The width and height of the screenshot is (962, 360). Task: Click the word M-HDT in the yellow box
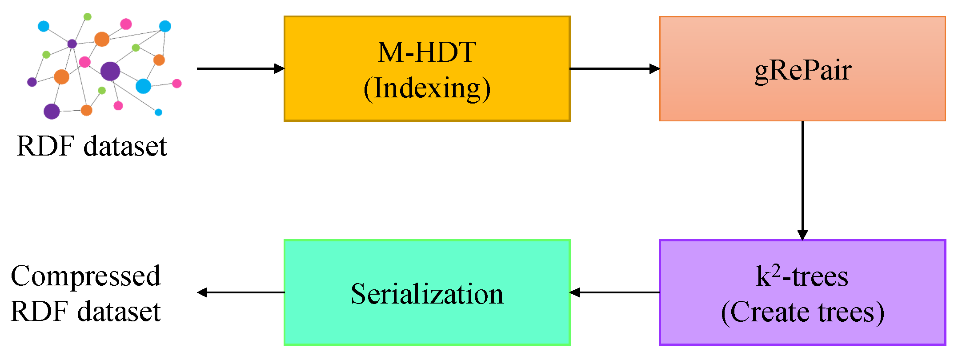tap(427, 52)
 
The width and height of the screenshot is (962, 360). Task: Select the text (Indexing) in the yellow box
tap(427, 88)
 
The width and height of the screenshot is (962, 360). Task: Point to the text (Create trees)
tap(802, 312)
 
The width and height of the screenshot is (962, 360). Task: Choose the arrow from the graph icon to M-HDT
tap(240, 68)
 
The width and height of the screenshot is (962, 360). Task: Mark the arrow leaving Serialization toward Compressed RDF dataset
tap(240, 292)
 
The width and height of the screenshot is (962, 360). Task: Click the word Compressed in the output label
tap(85, 276)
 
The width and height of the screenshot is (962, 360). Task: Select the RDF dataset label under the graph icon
tap(92, 146)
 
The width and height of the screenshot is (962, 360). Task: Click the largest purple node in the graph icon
tap(110, 71)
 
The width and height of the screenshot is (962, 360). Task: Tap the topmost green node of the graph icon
tap(88, 17)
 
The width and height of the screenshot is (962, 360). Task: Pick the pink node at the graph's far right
tap(177, 83)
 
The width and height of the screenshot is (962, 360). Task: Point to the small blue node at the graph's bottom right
tap(158, 112)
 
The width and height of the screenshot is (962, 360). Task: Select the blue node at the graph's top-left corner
tap(44, 26)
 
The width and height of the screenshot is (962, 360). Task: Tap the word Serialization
tap(427, 294)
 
